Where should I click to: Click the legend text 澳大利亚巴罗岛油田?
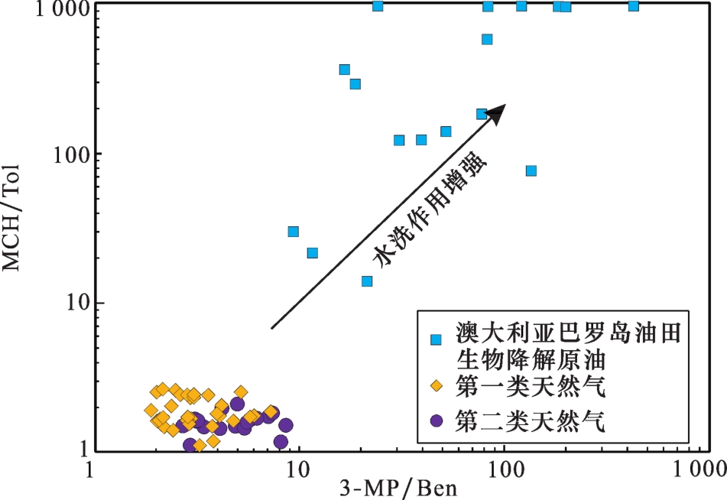[569, 333]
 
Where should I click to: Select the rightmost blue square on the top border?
[633, 6]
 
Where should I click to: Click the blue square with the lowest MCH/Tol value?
[367, 281]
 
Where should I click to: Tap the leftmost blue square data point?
[293, 232]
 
